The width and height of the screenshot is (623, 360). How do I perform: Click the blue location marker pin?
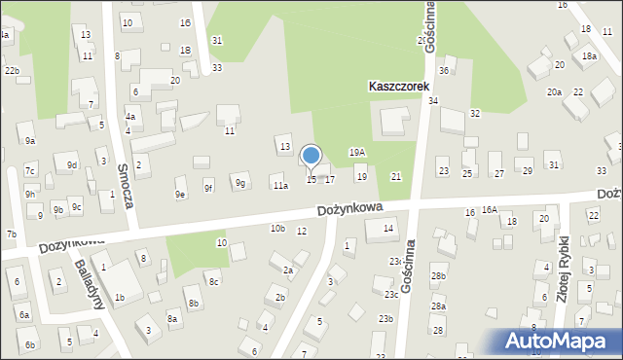click(x=311, y=156)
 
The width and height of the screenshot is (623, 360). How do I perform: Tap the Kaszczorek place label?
click(x=399, y=86)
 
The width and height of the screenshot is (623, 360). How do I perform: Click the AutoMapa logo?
click(x=561, y=342)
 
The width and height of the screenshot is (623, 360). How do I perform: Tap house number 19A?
click(x=357, y=153)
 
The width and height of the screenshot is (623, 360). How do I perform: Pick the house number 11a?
click(x=280, y=185)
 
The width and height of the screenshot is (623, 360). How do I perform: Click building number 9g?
click(x=240, y=183)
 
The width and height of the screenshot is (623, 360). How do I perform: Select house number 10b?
click(x=277, y=228)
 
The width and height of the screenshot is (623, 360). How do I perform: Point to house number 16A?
click(x=489, y=210)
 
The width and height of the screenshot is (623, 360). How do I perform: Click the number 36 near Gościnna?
click(x=444, y=70)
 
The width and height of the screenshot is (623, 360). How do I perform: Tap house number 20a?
click(x=554, y=91)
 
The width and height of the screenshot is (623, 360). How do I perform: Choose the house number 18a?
click(x=589, y=56)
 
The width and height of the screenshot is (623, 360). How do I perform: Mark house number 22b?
click(x=11, y=71)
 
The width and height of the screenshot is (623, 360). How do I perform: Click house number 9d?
click(x=71, y=165)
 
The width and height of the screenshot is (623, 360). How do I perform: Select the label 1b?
click(x=119, y=297)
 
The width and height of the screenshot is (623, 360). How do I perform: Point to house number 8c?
click(x=213, y=282)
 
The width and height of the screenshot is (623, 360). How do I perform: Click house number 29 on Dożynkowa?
click(x=528, y=171)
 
